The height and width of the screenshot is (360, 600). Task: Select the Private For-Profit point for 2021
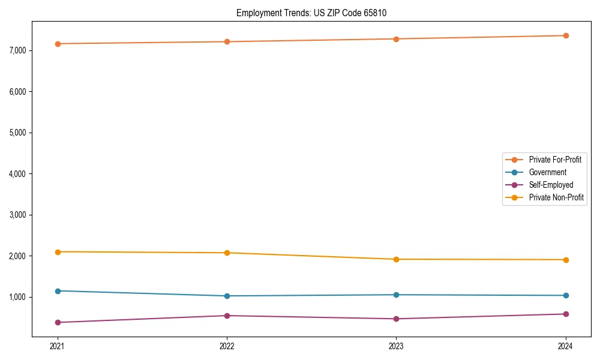point(58,44)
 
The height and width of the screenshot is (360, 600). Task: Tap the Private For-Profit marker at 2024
point(566,35)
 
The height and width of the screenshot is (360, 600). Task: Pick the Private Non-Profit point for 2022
point(227,253)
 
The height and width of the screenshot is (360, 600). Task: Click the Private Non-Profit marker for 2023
point(396,259)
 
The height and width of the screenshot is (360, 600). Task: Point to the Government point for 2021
point(58,291)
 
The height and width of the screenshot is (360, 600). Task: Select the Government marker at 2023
point(396,295)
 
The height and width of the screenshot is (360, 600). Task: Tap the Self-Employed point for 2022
point(227,316)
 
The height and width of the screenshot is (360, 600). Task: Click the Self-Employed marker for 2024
point(566,314)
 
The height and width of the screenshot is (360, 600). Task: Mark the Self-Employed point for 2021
point(58,322)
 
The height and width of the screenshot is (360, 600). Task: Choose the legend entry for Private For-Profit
point(555,160)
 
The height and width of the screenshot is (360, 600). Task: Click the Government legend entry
point(547,172)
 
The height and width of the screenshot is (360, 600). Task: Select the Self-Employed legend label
point(551,185)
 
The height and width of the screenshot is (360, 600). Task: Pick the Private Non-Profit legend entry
point(556,197)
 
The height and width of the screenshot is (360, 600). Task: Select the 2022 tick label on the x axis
point(227,346)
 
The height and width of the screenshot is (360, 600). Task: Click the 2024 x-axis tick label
point(566,346)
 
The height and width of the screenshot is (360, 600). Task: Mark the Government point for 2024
point(566,295)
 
